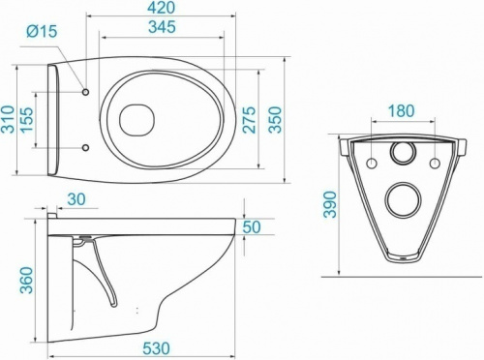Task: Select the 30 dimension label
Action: [x=76, y=199]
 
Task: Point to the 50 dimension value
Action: [x=254, y=226]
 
